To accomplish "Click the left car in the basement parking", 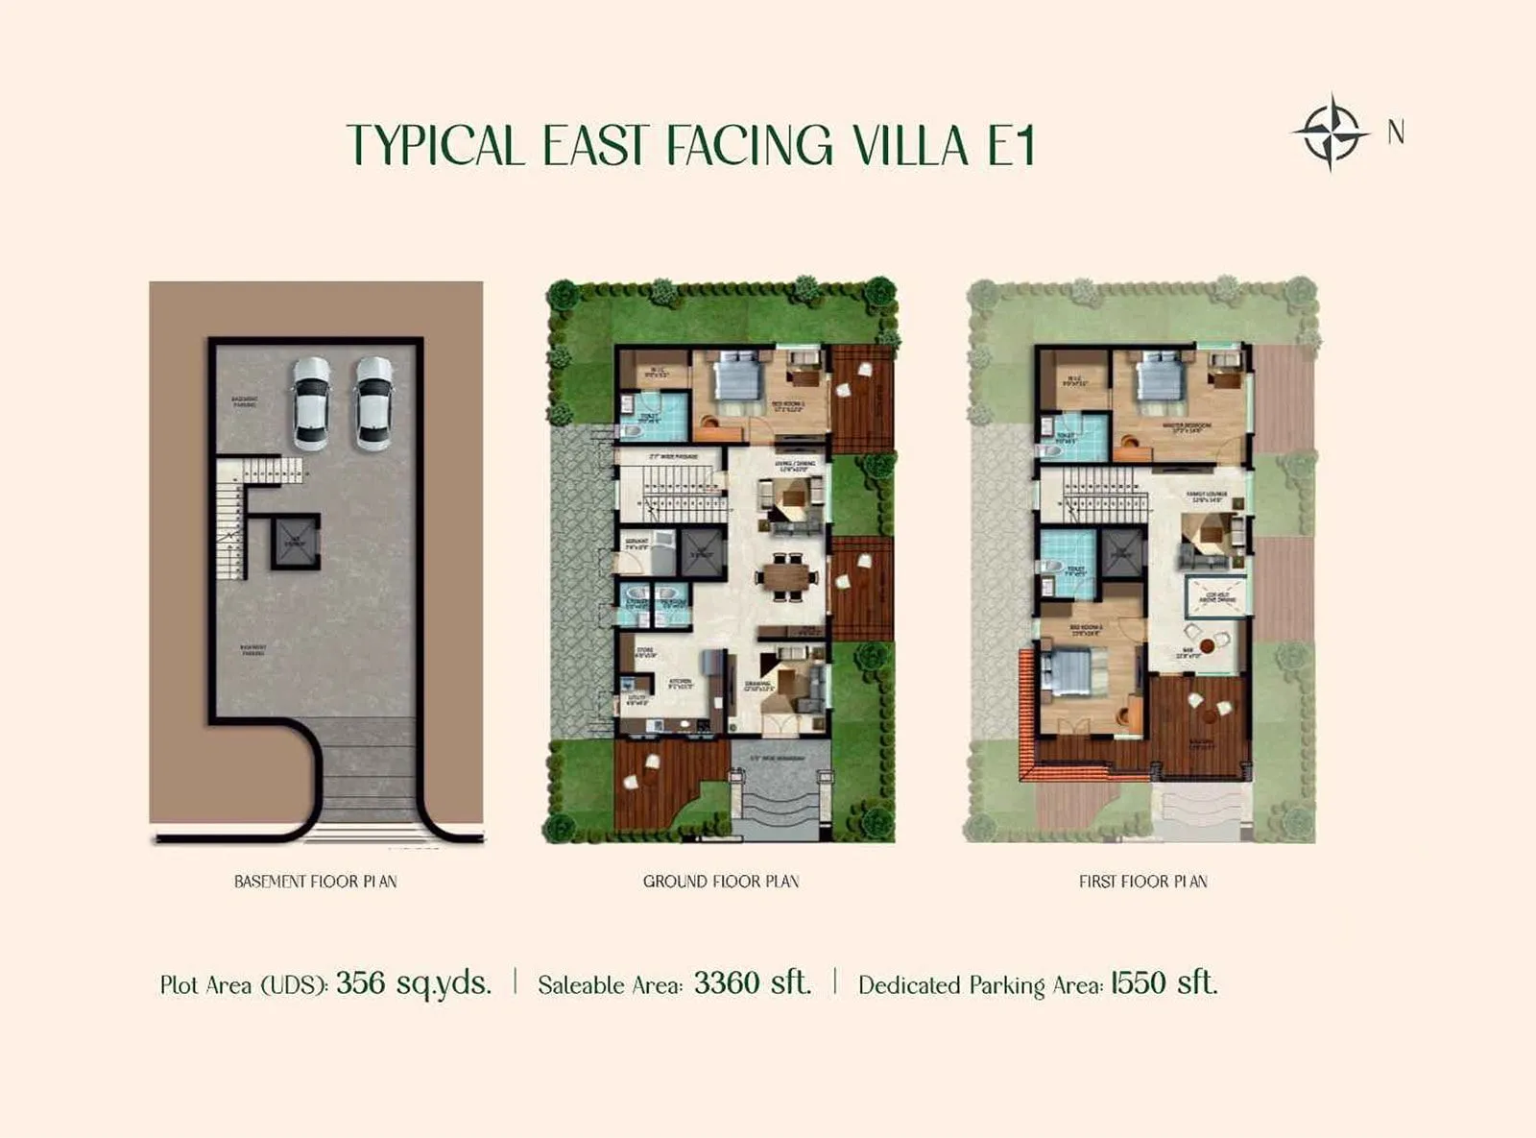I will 311,403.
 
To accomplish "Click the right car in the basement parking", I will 373,403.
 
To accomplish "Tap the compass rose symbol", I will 1330,133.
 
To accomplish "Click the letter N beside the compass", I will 1396,133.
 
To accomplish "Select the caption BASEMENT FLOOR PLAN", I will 315,882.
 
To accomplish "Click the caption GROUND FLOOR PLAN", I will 721,882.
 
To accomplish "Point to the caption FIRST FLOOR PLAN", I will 1142,882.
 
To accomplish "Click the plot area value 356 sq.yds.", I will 413,983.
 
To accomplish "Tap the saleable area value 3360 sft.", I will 752,983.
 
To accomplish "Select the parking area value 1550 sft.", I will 1164,983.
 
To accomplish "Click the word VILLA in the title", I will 910,146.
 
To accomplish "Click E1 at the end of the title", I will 1011,146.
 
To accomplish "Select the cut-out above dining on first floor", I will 1216,597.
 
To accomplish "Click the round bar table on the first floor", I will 1207,642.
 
